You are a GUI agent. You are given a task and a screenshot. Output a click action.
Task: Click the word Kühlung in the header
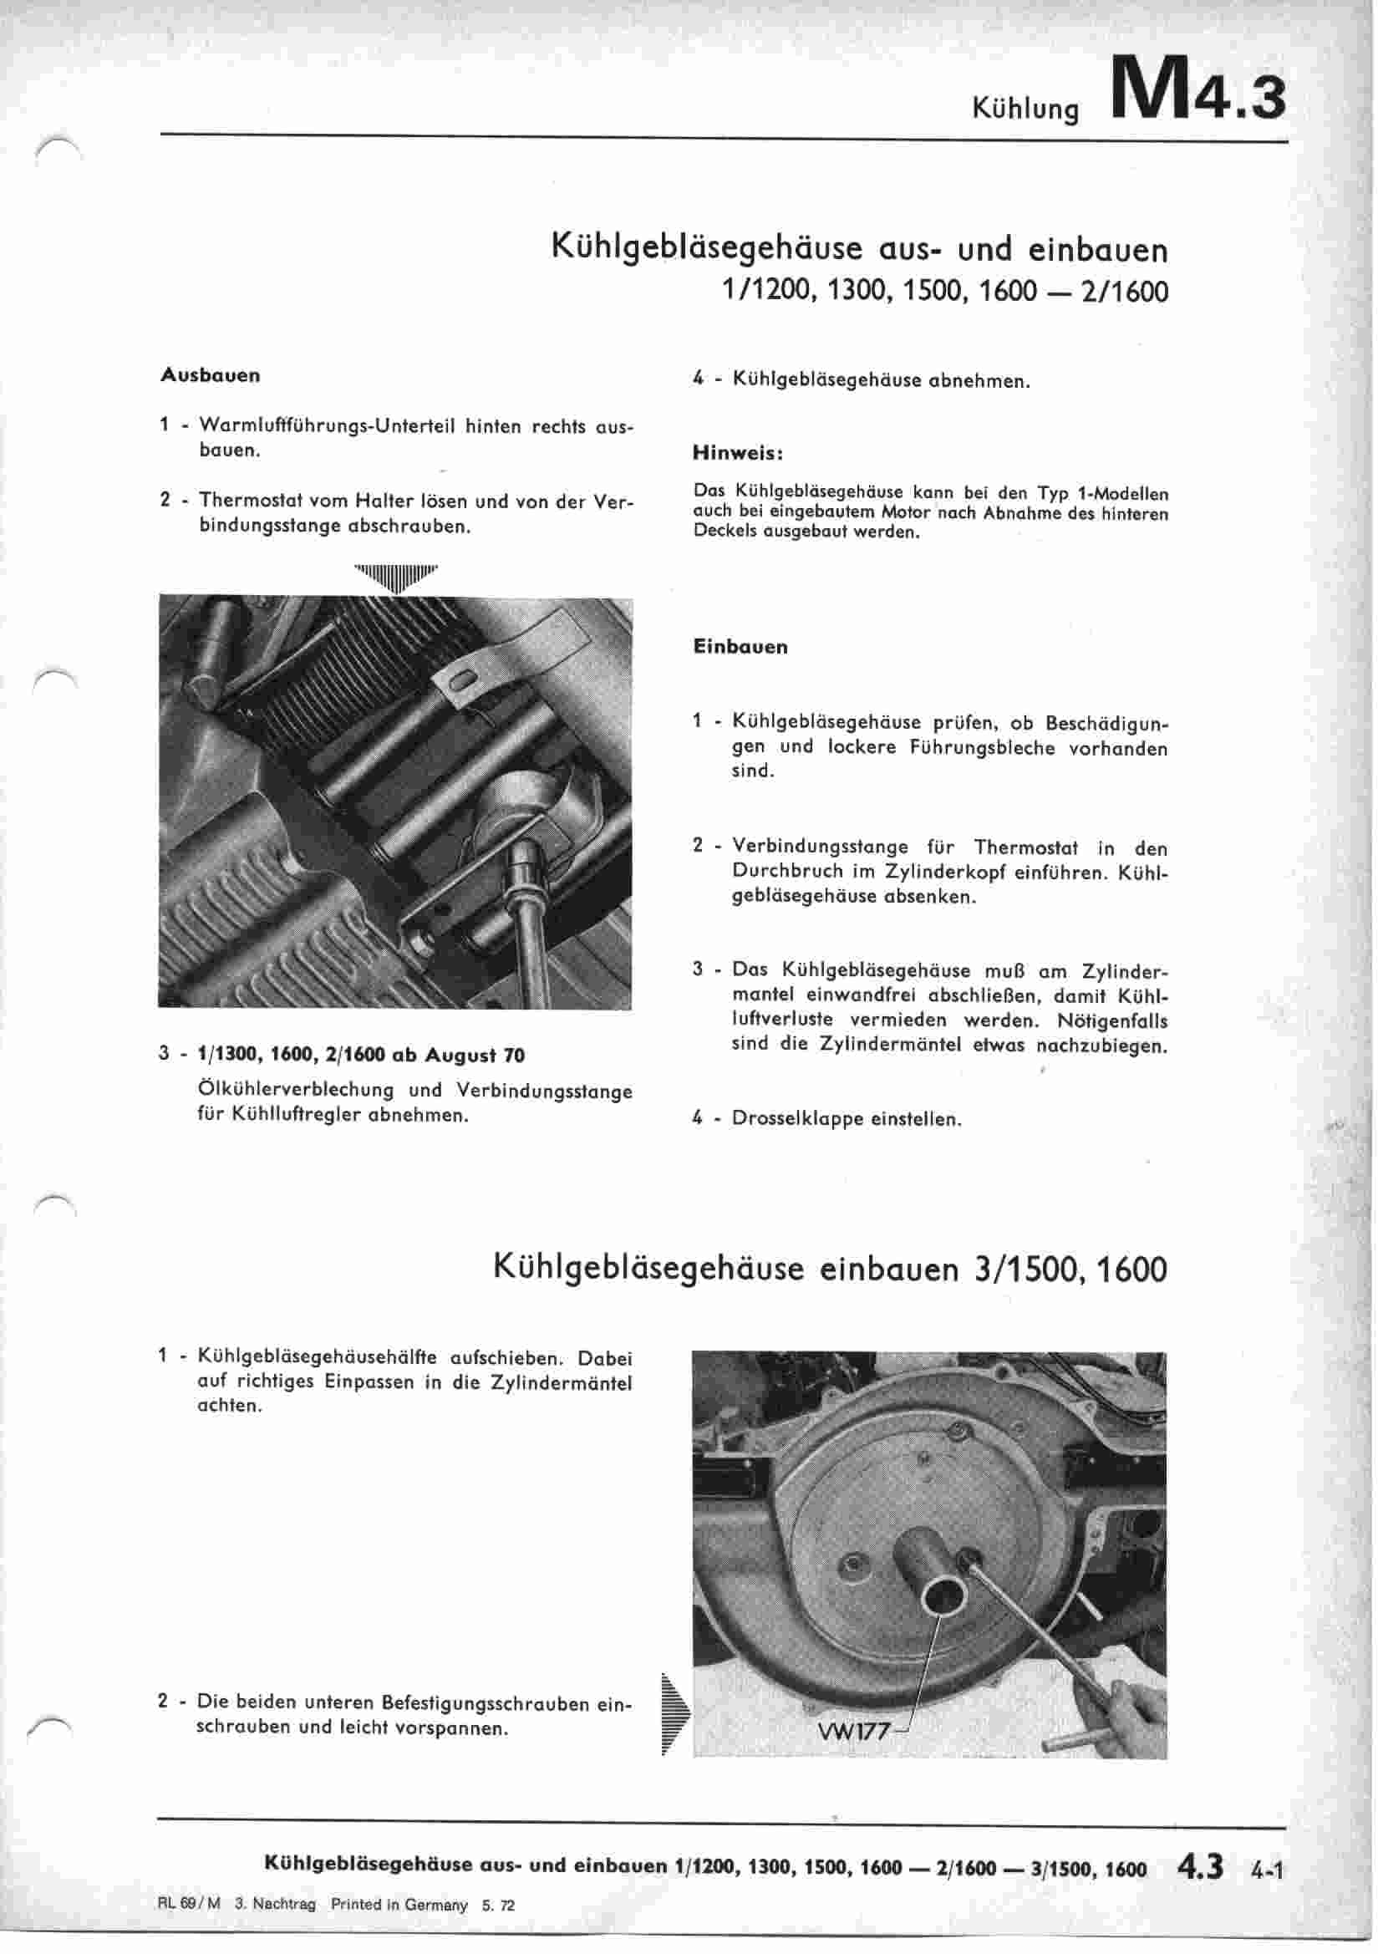click(x=1025, y=109)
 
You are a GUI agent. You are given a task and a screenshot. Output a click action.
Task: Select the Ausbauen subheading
click(x=211, y=375)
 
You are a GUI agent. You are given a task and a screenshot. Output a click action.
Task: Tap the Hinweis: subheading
click(x=738, y=454)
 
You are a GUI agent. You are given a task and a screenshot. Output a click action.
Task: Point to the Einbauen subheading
click(x=740, y=647)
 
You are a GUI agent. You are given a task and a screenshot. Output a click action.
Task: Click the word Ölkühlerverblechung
click(x=295, y=1090)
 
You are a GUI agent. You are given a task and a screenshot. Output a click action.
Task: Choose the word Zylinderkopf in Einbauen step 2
click(x=944, y=873)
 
